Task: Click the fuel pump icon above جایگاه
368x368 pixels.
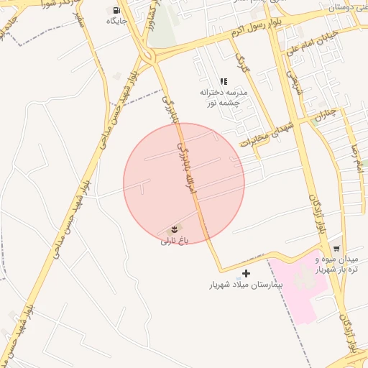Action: point(116,10)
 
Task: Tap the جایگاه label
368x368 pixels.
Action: point(116,21)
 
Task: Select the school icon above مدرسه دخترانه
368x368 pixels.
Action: point(223,82)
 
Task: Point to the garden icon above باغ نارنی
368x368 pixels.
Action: point(173,229)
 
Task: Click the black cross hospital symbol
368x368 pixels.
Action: point(247,273)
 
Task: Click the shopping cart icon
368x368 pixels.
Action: point(337,248)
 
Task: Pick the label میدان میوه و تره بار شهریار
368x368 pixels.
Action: point(338,264)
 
